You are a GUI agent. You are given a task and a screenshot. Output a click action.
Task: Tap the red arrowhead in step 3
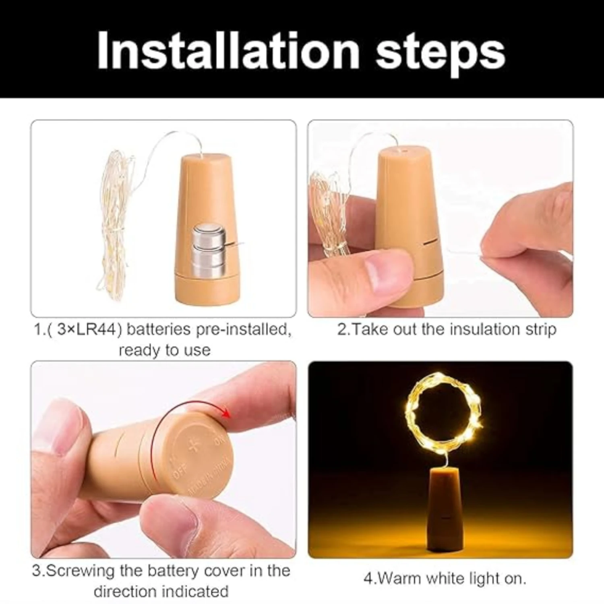click(x=227, y=414)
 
